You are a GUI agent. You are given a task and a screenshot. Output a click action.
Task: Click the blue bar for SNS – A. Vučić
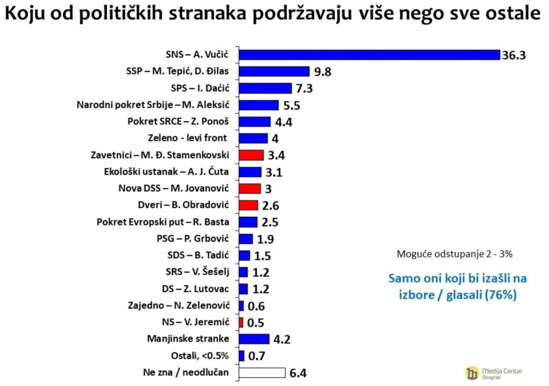pyautogui.click(x=369, y=55)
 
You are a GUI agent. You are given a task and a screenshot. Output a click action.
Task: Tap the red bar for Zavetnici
pyautogui.click(x=251, y=155)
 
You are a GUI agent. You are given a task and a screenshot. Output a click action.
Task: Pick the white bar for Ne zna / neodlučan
pyautogui.click(x=262, y=373)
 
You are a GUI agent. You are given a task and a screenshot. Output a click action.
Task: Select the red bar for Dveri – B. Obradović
pyautogui.click(x=249, y=205)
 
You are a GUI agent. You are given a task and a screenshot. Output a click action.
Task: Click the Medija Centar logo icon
pyautogui.click(x=472, y=372)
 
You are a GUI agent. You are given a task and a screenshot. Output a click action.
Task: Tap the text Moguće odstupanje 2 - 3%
pyautogui.click(x=454, y=254)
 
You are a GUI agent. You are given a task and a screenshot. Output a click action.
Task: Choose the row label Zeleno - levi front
pyautogui.click(x=198, y=139)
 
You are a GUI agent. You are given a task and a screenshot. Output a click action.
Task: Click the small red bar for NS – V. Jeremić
pyautogui.click(x=241, y=322)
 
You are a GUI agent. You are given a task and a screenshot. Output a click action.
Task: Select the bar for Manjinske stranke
pyautogui.click(x=254, y=339)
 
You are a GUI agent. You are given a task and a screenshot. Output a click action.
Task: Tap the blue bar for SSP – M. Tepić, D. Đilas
pyautogui.click(x=274, y=72)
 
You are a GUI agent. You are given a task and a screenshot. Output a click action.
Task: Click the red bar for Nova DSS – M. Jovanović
pyautogui.click(x=249, y=188)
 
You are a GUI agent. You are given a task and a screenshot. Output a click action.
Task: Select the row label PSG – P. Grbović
pyautogui.click(x=200, y=239)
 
